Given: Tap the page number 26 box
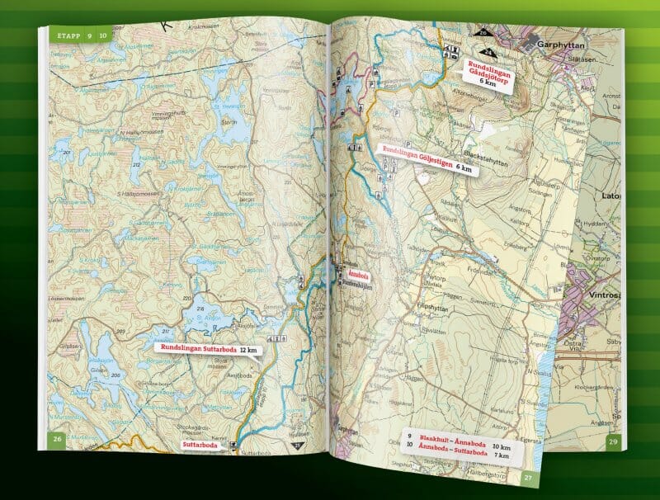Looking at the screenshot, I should [58, 439].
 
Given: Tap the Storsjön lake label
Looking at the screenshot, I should [229, 120].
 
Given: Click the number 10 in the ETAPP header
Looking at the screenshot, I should [104, 35].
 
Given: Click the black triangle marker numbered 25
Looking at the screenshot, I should [298, 446].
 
